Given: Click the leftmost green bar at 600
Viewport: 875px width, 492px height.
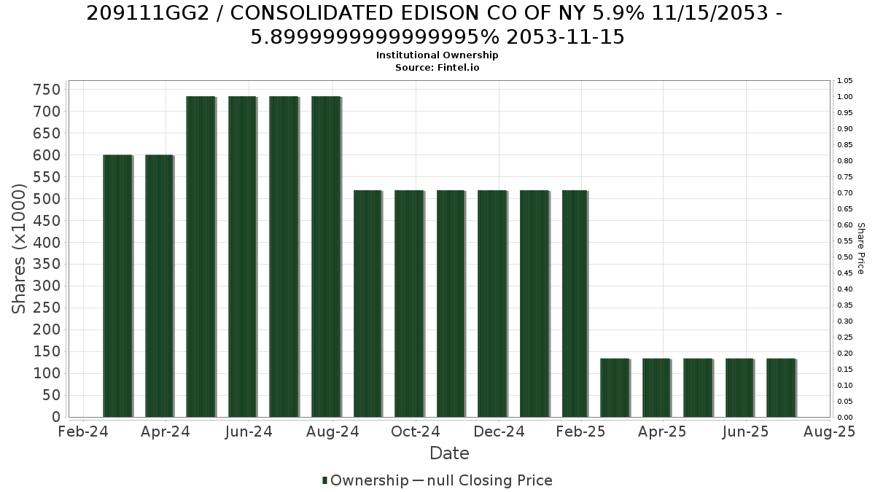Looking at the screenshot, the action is pos(117,286).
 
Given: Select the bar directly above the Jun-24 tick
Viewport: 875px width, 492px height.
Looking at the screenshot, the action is pos(243,257).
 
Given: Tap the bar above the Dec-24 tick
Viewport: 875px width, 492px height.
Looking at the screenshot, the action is pos(492,304).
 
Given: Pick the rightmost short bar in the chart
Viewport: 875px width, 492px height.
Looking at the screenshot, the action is pos(781,388).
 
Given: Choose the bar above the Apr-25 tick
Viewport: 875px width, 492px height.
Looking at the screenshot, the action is pos(657,388).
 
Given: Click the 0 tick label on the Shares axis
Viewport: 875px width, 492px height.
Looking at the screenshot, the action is pos(56,417).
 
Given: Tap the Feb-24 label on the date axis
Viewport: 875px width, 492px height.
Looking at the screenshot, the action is pos(83,432).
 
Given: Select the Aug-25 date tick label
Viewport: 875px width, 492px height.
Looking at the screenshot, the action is pos(829,432).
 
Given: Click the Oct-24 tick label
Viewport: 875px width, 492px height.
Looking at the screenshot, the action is pos(416,432).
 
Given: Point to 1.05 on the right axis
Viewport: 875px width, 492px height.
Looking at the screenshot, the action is pos(844,81).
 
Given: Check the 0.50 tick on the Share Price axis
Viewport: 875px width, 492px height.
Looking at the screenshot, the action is pos(844,257).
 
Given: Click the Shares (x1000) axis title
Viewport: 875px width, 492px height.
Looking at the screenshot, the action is pos(19,249).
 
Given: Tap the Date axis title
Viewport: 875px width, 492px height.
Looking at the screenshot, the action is pos(449,453).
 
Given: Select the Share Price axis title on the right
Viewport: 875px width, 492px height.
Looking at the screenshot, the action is pos(861,249).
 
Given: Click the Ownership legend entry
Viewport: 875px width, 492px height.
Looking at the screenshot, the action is pos(365,480).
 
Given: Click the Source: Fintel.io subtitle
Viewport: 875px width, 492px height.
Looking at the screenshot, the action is pos(437,68).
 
